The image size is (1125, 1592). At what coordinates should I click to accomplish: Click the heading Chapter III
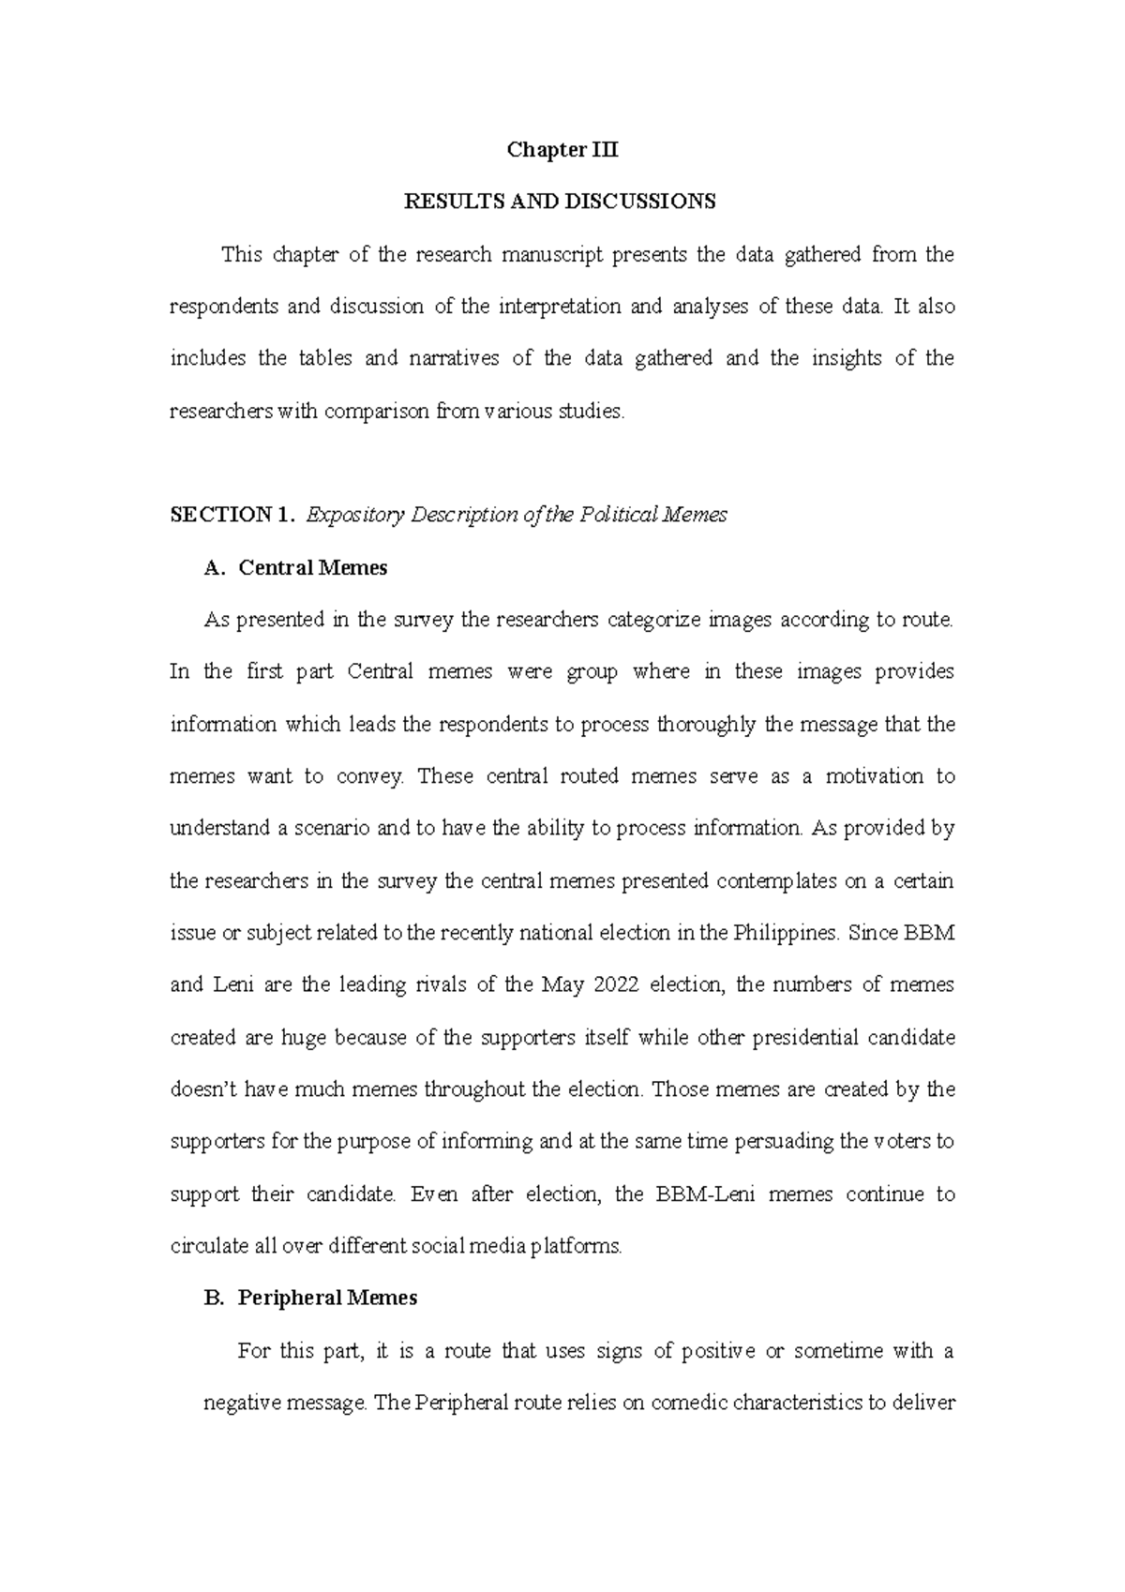click(x=562, y=150)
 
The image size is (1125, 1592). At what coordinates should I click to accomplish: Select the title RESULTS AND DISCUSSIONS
click(x=560, y=202)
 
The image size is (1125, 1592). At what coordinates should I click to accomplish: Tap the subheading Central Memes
click(x=313, y=567)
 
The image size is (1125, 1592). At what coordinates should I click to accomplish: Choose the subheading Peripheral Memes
click(x=327, y=1298)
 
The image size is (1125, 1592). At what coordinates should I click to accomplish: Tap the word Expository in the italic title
click(x=354, y=515)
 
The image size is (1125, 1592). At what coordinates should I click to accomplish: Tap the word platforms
click(x=575, y=1247)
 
